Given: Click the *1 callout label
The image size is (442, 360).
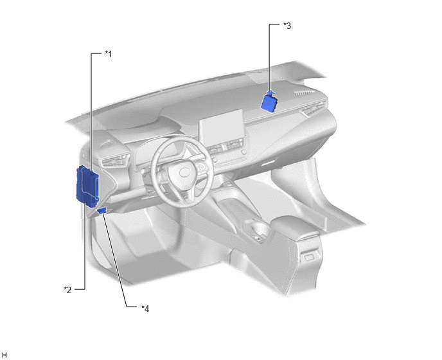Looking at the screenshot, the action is (x=109, y=54).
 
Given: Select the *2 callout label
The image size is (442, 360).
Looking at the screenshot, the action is (x=67, y=290).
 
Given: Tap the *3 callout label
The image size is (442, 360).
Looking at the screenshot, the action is (x=287, y=26).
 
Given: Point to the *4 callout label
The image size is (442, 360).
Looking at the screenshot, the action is (x=145, y=309).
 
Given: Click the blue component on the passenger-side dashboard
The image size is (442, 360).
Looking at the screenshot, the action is (x=269, y=102).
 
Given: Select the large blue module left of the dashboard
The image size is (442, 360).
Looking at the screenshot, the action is (x=87, y=186).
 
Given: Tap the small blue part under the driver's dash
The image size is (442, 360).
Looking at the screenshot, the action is (x=102, y=210).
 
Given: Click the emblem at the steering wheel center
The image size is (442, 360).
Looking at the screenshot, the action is (x=184, y=172).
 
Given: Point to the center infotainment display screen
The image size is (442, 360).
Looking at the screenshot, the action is (x=221, y=127).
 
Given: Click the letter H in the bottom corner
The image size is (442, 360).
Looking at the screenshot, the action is (x=4, y=355).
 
